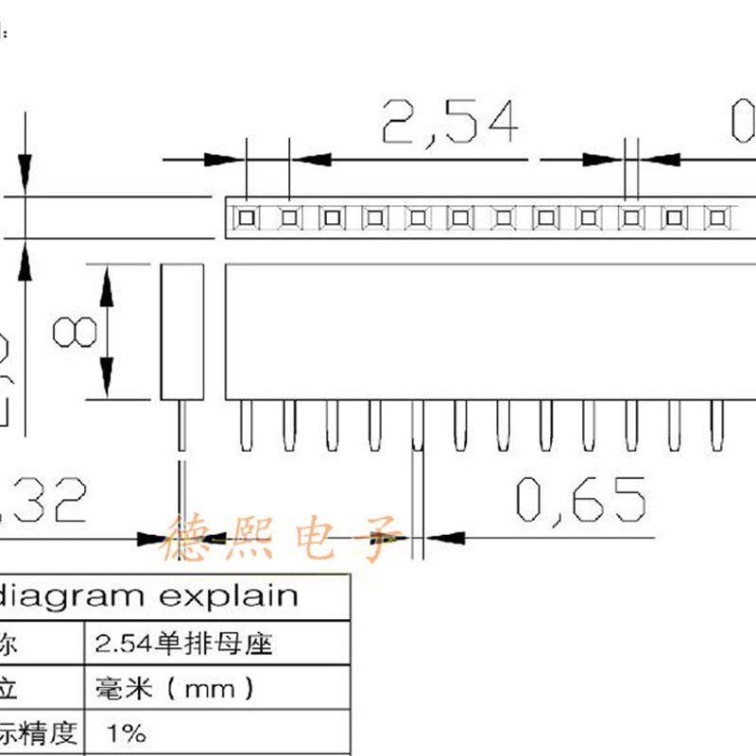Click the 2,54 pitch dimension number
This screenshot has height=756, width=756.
click(450, 122)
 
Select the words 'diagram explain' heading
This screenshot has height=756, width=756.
click(149, 596)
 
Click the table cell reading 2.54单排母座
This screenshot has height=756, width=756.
click(184, 645)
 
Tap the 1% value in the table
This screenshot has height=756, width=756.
click(128, 732)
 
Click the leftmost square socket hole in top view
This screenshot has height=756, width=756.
click(247, 219)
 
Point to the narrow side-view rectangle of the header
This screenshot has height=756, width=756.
click(181, 332)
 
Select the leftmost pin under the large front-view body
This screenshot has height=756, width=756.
click(247, 425)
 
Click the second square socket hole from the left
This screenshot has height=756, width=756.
click(289, 219)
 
